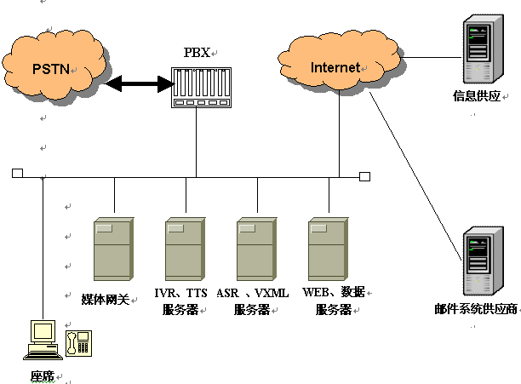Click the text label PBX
[196, 52]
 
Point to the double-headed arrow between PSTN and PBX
[139, 83]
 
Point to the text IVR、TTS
[180, 292]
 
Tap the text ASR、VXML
[253, 292]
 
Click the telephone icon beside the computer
[78, 344]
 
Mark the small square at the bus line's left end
[17, 174]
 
